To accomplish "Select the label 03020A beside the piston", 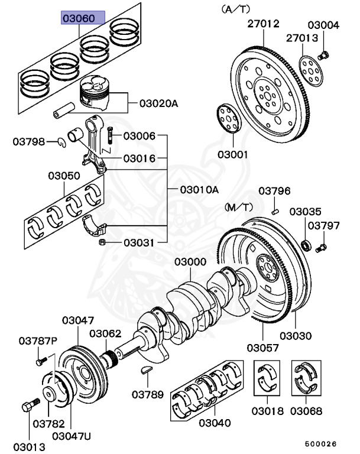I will click(x=158, y=103).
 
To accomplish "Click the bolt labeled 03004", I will click(x=323, y=56).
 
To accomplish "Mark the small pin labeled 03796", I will click(x=275, y=209).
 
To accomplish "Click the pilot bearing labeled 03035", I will click(x=306, y=244).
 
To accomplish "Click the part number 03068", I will click(x=306, y=410).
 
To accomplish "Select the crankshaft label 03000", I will click(x=190, y=262).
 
